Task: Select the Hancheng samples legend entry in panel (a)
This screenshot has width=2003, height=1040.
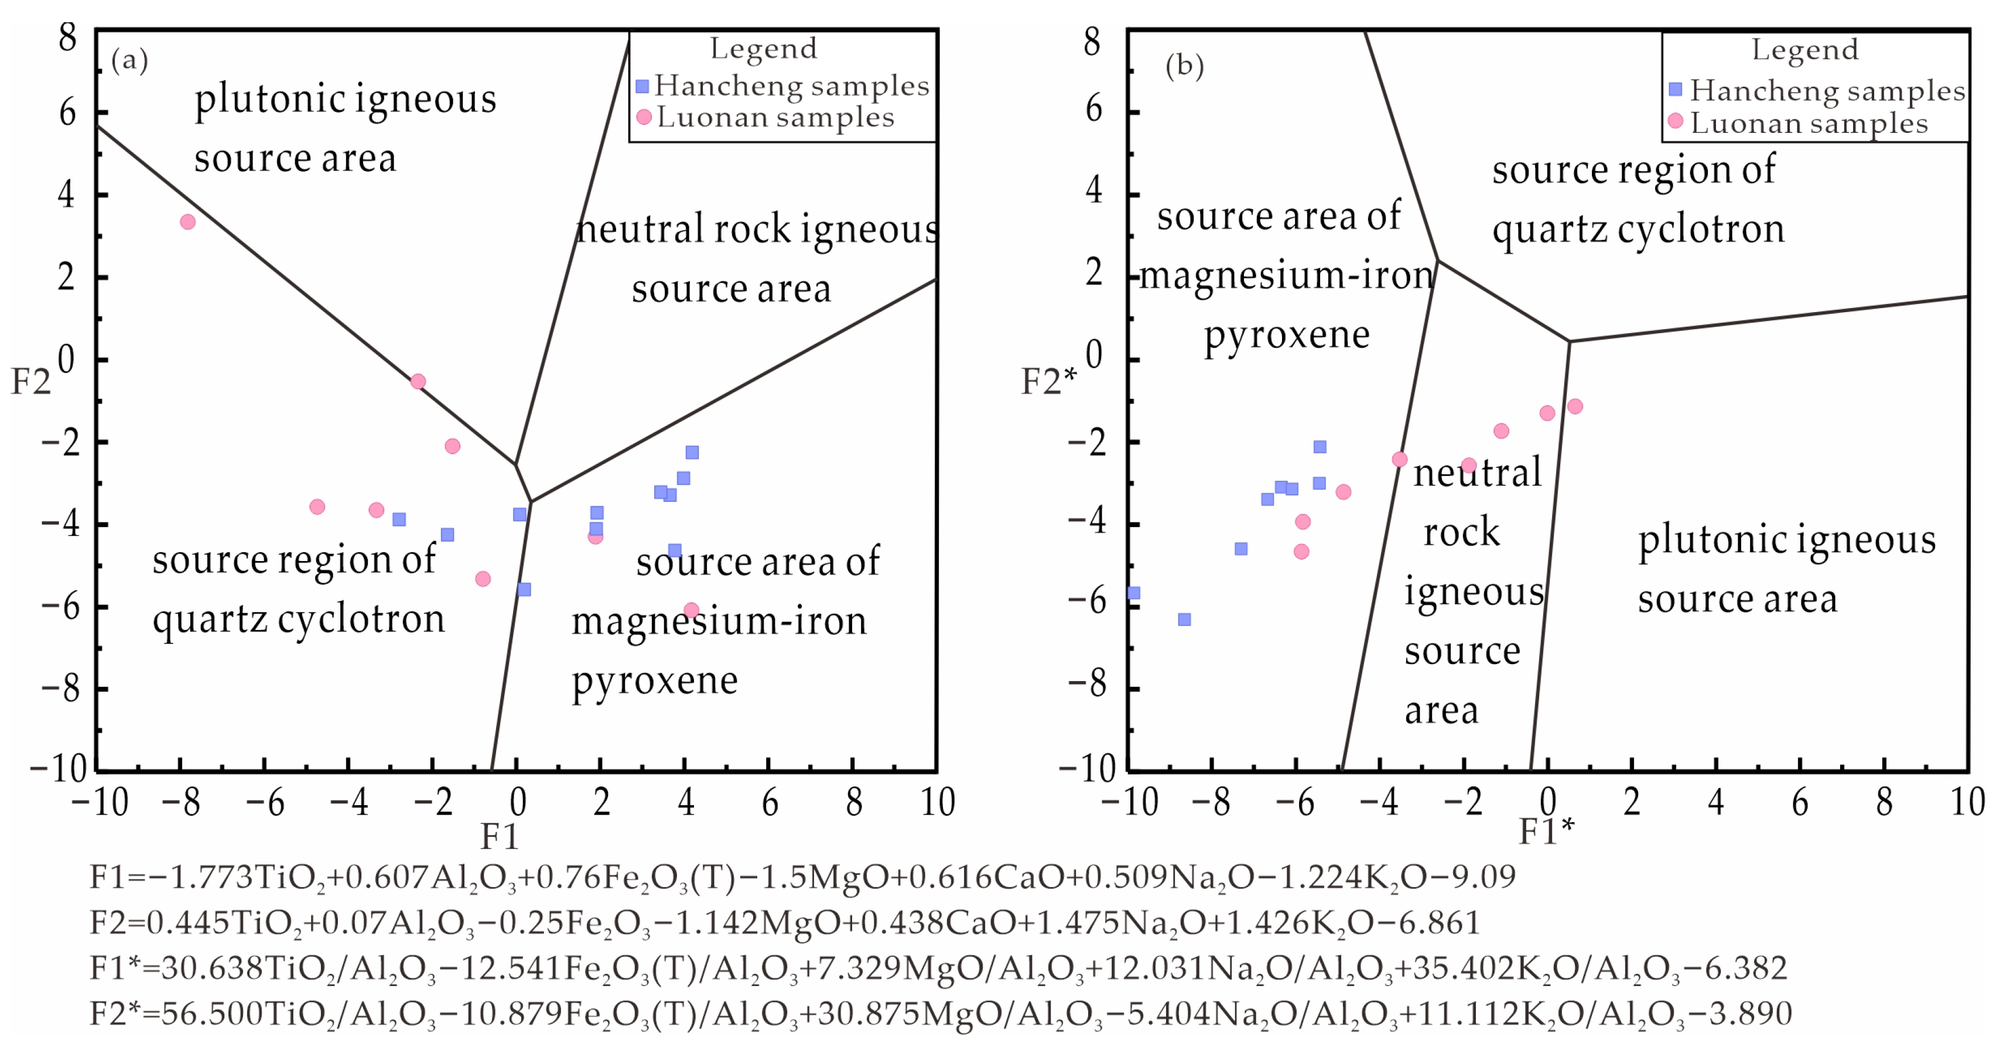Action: (783, 86)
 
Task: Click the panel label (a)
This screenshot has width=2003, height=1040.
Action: (129, 60)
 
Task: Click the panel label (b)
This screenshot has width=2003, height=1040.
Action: (1184, 66)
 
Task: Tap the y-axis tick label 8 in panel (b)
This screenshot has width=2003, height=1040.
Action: (1092, 41)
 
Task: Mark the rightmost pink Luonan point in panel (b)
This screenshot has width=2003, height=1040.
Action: (1574, 406)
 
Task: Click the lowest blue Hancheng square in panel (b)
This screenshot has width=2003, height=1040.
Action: (1184, 620)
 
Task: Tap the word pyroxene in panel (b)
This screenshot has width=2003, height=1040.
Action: (1287, 336)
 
